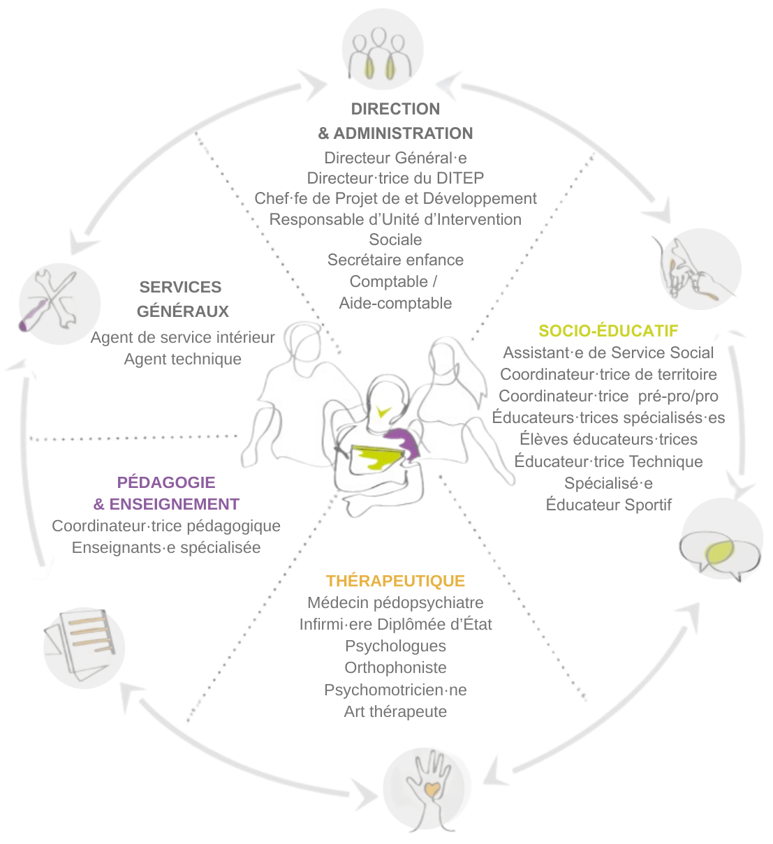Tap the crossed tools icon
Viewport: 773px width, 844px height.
coord(59,304)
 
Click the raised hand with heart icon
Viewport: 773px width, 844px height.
coord(427,789)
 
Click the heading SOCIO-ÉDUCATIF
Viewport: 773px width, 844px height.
coord(608,331)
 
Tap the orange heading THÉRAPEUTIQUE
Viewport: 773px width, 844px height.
coord(395,581)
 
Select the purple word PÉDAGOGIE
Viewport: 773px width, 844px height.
coord(166,482)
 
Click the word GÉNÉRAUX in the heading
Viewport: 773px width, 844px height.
coord(183,311)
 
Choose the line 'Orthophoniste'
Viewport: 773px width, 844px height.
coord(395,668)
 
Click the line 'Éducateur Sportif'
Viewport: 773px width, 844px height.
coord(608,505)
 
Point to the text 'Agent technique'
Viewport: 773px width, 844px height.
coord(183,359)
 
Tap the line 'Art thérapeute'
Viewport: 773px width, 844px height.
coord(395,711)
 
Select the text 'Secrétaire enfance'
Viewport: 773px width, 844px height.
coord(395,260)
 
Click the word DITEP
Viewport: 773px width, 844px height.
coord(460,178)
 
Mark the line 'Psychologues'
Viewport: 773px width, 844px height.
coord(395,646)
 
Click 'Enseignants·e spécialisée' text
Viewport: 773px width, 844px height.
coord(166,548)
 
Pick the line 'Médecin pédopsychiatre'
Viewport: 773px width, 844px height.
coord(395,602)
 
